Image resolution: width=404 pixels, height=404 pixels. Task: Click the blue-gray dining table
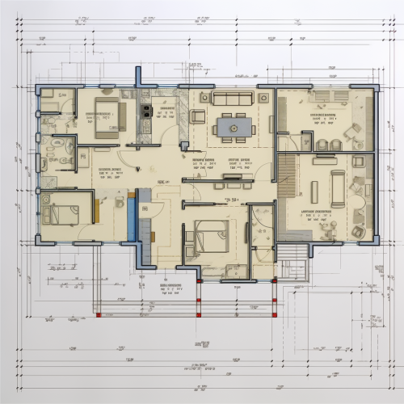pos(232,127)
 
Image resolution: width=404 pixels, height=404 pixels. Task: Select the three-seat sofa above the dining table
pos(232,99)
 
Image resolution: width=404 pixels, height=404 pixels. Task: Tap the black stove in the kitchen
pos(146,109)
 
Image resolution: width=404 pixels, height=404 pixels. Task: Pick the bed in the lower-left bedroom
pos(62,213)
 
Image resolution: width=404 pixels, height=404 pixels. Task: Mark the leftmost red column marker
pos(99,314)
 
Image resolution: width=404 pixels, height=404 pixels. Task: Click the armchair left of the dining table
pos(198,117)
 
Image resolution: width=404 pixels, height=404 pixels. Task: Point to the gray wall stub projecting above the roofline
pos(138,77)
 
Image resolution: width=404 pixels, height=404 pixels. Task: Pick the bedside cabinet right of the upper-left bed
pos(128,95)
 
